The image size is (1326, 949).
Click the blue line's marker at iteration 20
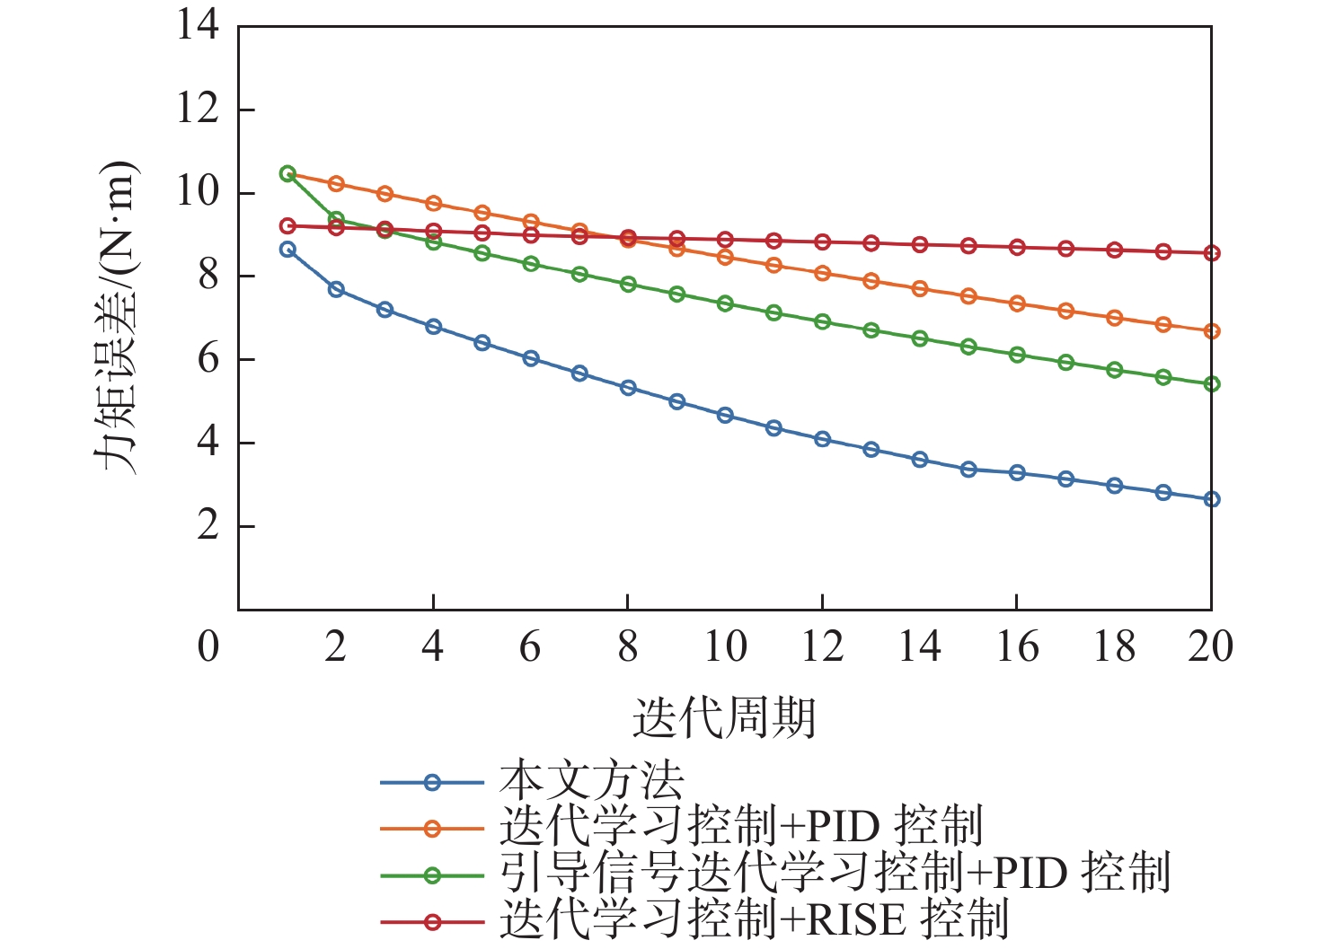(1211, 499)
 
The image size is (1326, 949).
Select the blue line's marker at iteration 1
(287, 250)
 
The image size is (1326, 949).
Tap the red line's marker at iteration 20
(1211, 253)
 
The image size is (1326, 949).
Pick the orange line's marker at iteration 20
(1211, 331)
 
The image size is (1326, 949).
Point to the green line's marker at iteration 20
(1211, 384)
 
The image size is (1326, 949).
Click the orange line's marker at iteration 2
(336, 184)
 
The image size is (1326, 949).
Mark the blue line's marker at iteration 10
(725, 415)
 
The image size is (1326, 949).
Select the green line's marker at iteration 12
(822, 321)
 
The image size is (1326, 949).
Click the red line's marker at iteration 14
(919, 244)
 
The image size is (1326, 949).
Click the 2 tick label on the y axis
(208, 526)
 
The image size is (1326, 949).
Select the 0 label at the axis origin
(208, 646)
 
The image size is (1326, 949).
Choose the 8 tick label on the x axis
(627, 646)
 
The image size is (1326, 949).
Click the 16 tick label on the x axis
(1016, 646)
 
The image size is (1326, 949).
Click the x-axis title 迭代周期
(724, 718)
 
